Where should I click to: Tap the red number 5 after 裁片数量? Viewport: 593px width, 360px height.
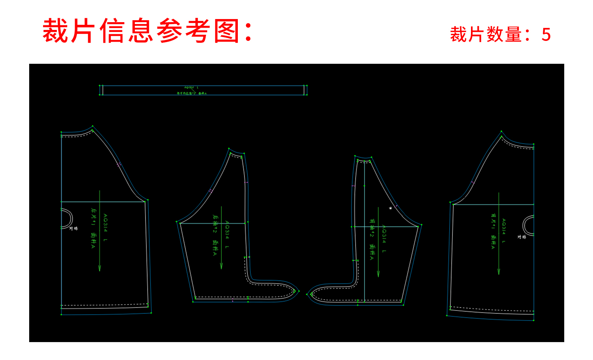[x=546, y=35]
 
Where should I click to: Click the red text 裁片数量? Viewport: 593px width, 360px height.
[x=486, y=35]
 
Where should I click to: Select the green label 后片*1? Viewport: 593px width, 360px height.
[x=93, y=217]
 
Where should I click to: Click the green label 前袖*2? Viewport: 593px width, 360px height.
[x=372, y=228]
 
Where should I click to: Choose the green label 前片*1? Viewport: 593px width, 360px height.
[x=493, y=220]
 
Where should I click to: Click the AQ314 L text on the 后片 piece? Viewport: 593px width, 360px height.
[x=105, y=228]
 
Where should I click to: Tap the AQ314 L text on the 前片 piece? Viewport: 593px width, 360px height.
[x=504, y=231]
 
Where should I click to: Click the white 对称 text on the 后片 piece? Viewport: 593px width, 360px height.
[x=74, y=228]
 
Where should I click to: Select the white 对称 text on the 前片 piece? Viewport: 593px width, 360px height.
[x=521, y=237]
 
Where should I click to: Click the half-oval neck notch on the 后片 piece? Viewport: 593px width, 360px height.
[x=66, y=219]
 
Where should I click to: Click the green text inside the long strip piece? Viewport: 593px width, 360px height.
[x=192, y=93]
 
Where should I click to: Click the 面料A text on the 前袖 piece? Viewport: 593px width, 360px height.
[x=372, y=252]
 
